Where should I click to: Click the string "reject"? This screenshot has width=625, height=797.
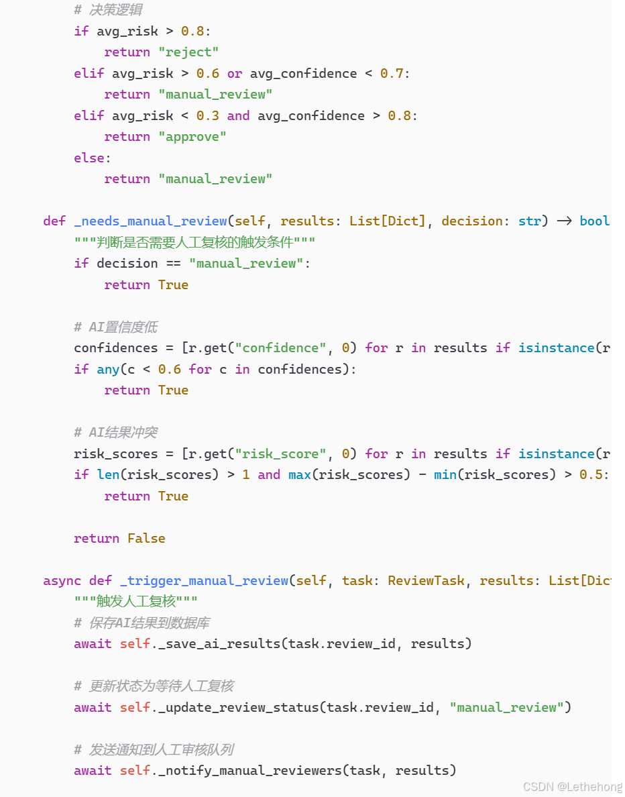click(188, 52)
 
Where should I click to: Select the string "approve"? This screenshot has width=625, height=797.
click(192, 137)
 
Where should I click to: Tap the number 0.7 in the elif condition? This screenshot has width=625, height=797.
click(392, 73)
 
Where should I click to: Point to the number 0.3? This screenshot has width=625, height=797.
click(208, 115)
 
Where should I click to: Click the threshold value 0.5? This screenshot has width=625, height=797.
click(591, 474)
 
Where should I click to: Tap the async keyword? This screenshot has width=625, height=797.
click(62, 580)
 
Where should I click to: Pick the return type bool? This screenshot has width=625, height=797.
click(595, 221)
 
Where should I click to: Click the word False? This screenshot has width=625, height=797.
click(146, 538)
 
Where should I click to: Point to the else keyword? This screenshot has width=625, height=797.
click(89, 158)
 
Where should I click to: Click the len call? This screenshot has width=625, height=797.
click(109, 474)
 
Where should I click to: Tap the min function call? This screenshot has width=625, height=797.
click(446, 474)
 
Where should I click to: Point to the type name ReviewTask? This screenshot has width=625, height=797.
click(426, 580)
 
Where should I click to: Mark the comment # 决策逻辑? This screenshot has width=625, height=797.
click(108, 10)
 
